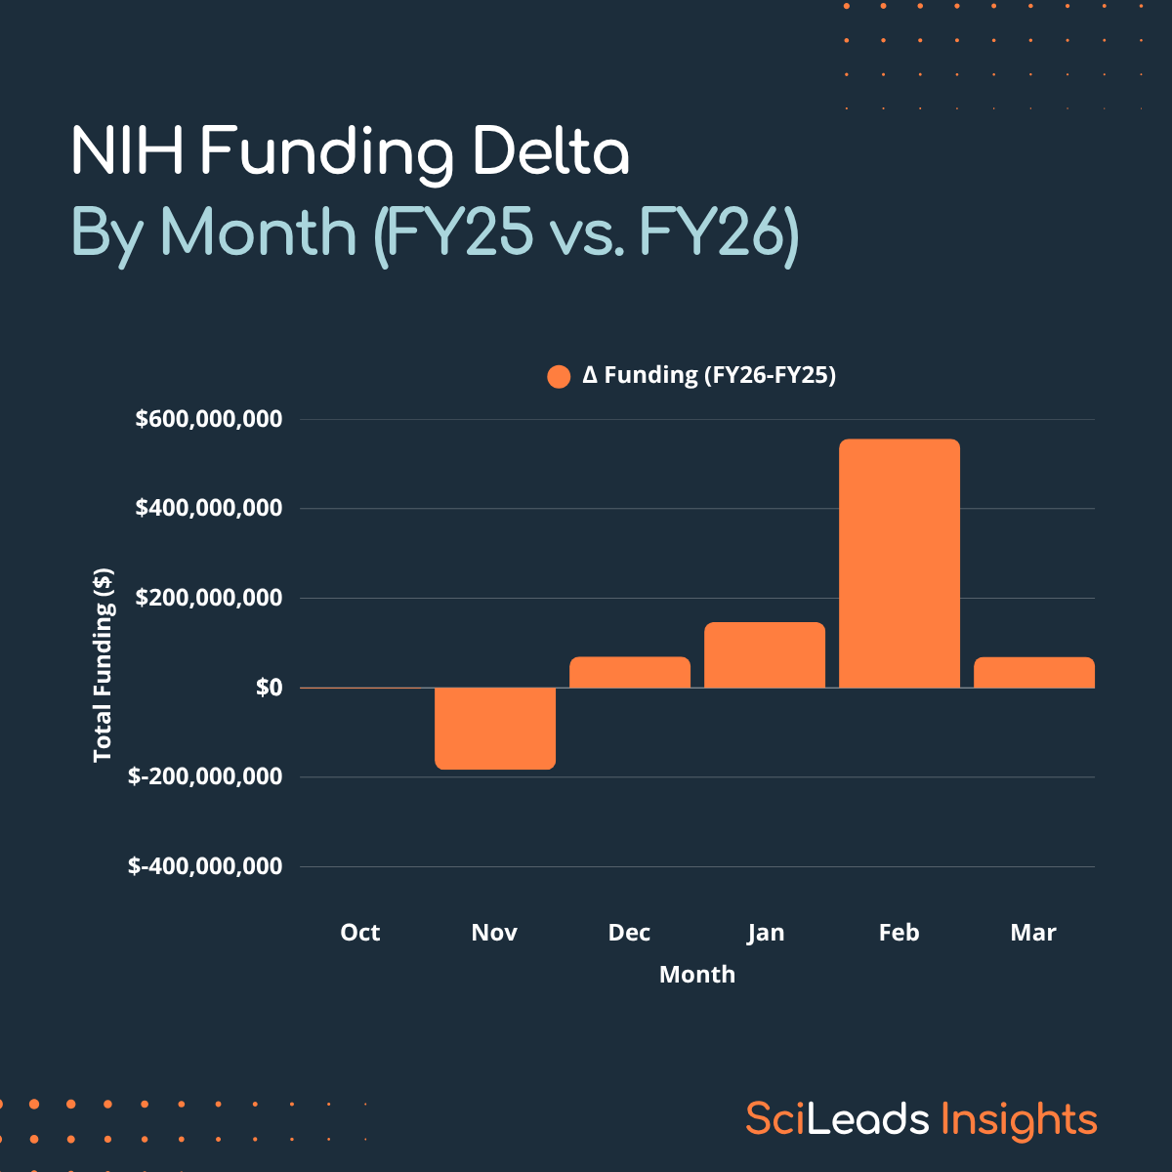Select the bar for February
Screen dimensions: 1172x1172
point(900,564)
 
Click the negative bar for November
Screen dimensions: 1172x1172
point(495,729)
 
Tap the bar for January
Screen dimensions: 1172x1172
point(765,655)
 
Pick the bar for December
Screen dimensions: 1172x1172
point(630,672)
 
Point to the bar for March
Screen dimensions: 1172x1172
point(1034,673)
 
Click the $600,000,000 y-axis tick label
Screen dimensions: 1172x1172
point(209,419)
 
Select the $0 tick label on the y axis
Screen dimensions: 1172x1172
point(269,688)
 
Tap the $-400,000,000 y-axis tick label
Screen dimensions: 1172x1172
point(205,866)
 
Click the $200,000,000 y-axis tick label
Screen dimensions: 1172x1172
point(209,598)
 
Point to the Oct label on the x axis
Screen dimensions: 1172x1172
point(359,933)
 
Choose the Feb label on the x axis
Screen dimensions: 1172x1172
point(899,933)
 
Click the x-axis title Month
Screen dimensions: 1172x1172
point(697,974)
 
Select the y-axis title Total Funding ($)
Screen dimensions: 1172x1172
point(103,665)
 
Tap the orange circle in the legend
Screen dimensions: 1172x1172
point(559,376)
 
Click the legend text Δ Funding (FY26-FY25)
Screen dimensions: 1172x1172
point(709,375)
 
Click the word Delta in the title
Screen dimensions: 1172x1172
point(551,153)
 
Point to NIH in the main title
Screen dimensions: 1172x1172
point(128,153)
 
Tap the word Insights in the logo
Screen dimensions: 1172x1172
point(1019,1119)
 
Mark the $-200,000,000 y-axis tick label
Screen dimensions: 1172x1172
point(205,776)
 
